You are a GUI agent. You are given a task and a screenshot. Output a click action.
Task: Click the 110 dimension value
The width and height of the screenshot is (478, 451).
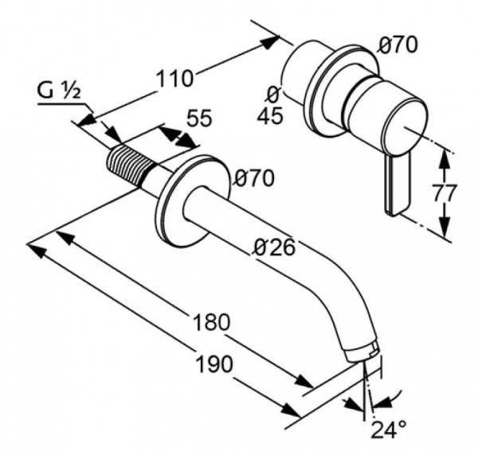pyautogui.click(x=174, y=78)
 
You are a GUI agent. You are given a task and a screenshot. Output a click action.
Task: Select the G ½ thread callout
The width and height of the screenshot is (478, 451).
pyautogui.click(x=59, y=91)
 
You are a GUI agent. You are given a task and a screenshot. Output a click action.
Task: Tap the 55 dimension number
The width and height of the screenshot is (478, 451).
pyautogui.click(x=198, y=118)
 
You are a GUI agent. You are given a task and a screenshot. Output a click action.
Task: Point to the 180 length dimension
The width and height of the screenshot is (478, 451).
pyautogui.click(x=211, y=322)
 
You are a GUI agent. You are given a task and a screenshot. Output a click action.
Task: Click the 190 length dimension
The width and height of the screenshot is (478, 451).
pyautogui.click(x=214, y=364)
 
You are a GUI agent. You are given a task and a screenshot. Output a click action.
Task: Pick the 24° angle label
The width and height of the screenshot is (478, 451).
pyautogui.click(x=389, y=429)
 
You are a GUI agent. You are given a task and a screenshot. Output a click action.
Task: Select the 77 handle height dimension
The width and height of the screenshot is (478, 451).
pyautogui.click(x=445, y=192)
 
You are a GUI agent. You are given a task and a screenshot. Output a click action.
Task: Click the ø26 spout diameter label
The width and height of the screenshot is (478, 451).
pyautogui.click(x=275, y=247)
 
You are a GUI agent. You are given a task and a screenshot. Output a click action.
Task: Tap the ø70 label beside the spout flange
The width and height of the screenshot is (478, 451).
pyautogui.click(x=253, y=178)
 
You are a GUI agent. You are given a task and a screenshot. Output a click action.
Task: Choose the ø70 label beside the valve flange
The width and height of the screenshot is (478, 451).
pyautogui.click(x=397, y=45)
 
